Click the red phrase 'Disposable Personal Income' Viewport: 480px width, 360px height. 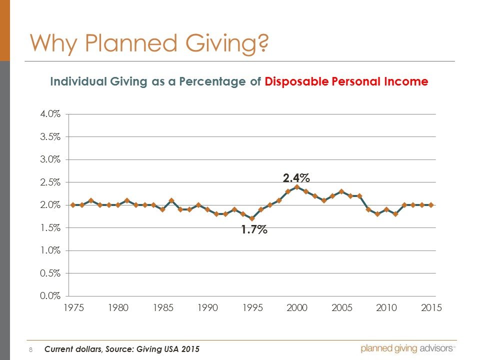tap(346, 82)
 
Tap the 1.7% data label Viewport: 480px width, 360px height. tap(254, 230)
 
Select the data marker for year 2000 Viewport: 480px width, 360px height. tap(297, 187)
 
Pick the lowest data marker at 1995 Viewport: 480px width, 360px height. tap(252, 218)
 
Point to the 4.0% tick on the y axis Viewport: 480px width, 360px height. tap(51, 114)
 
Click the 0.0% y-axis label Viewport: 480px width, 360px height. tap(51, 295)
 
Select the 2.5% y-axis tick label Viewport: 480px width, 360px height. tap(51, 182)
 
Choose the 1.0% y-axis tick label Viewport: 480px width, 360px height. tap(51, 250)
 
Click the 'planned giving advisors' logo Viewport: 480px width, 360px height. tap(407, 348)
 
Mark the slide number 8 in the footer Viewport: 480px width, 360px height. tap(31, 349)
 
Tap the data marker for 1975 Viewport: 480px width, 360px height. tap(73, 205)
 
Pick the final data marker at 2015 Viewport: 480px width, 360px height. tap(431, 205)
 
